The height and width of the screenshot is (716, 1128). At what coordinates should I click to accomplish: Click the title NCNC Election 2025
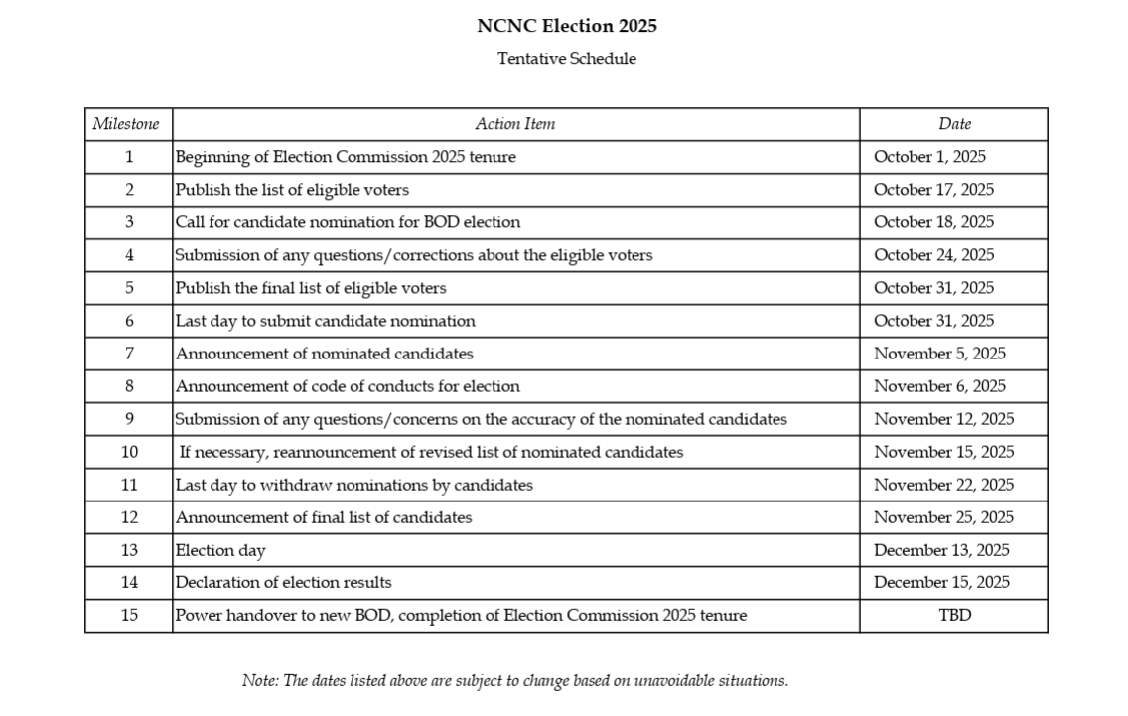[567, 26]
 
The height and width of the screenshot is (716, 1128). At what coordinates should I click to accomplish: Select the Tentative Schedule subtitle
[567, 59]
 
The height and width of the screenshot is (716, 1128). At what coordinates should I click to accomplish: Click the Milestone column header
[126, 124]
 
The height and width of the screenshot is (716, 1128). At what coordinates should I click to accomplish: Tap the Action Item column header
[514, 124]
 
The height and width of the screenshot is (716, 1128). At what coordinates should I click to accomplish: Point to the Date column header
[954, 124]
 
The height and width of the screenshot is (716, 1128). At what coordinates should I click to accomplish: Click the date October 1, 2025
[929, 157]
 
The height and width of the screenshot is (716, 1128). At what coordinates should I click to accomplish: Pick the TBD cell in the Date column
[954, 616]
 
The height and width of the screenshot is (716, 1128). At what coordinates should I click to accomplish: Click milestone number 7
[129, 354]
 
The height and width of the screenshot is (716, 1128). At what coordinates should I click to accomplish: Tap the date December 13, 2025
[941, 550]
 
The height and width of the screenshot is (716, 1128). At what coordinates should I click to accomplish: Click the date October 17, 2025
[933, 190]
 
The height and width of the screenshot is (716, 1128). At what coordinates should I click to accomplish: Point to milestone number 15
[129, 616]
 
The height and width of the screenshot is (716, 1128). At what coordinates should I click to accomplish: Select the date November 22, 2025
[943, 485]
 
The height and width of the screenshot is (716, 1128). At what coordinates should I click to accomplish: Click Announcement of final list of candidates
[324, 517]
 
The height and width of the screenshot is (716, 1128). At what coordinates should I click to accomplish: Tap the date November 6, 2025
[939, 386]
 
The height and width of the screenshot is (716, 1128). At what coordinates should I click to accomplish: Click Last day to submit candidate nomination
[326, 321]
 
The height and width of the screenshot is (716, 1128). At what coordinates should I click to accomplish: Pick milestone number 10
[129, 452]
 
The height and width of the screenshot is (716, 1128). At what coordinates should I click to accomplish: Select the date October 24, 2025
[933, 255]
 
